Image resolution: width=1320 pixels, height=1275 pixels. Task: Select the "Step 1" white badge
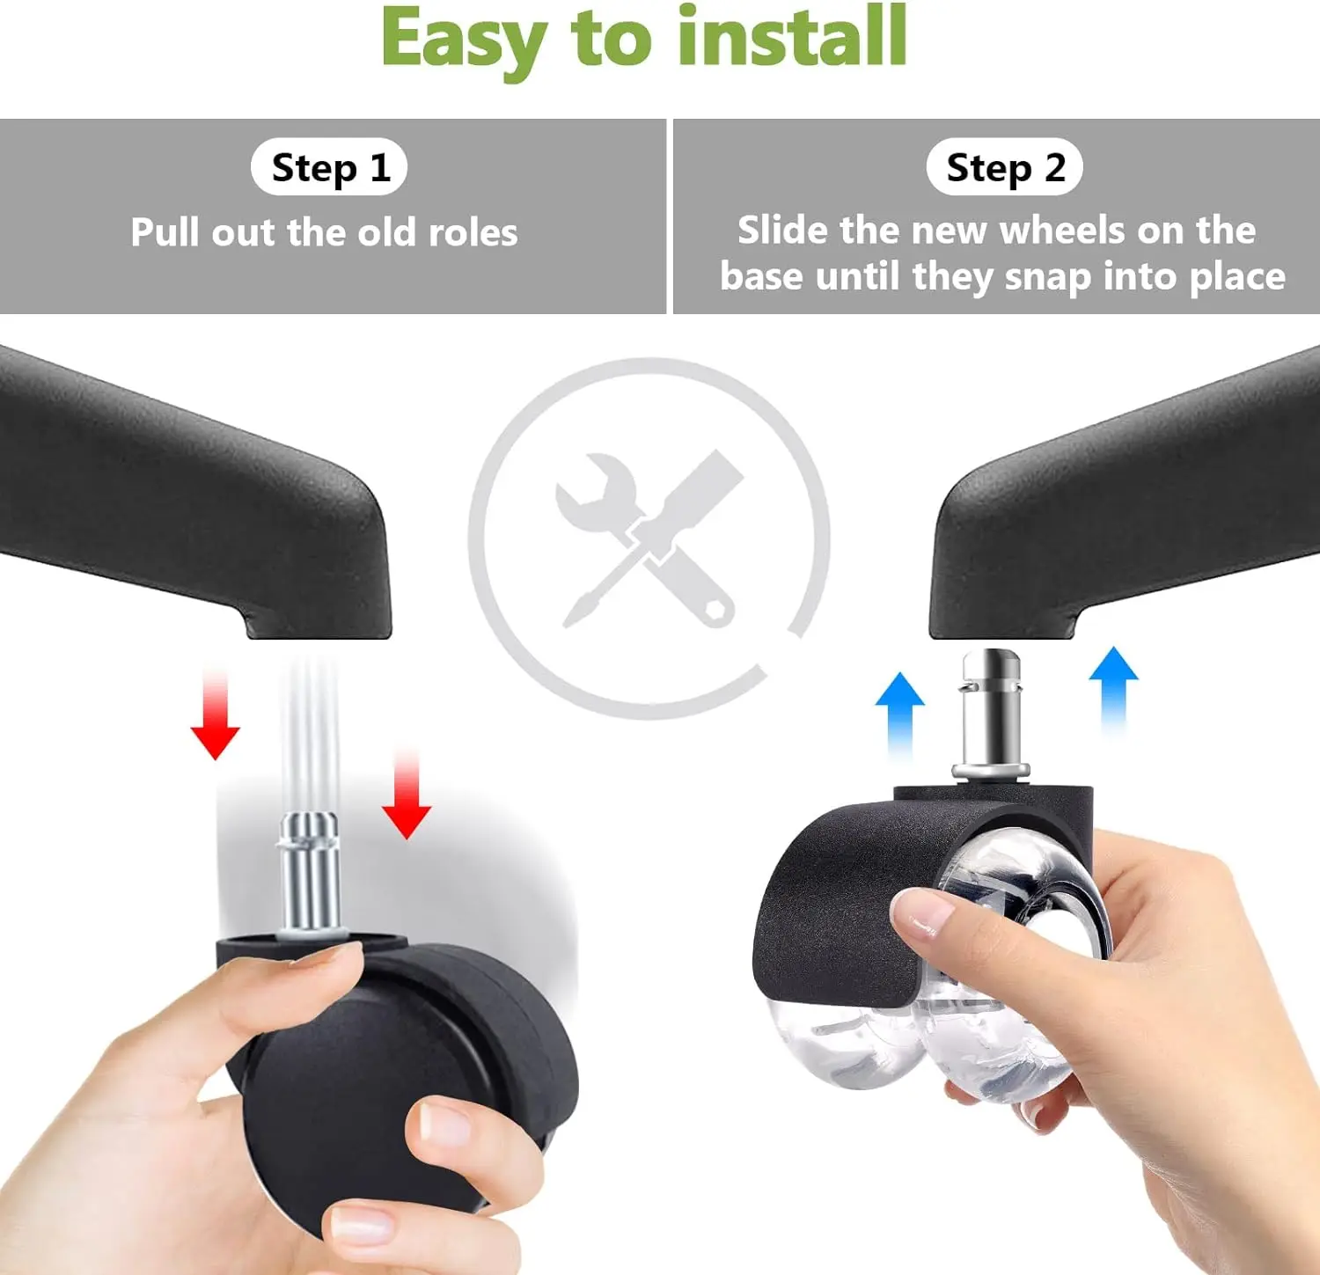point(329,167)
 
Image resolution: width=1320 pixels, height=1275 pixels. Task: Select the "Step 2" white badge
point(1005,166)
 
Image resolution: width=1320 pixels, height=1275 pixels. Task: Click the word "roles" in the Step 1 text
point(473,233)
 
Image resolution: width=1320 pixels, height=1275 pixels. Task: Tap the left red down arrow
point(215,713)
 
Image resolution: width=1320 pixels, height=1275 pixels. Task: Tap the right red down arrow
point(407,792)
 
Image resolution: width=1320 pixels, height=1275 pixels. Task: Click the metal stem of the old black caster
point(309,871)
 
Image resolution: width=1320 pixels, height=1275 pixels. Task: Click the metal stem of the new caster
point(991,714)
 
